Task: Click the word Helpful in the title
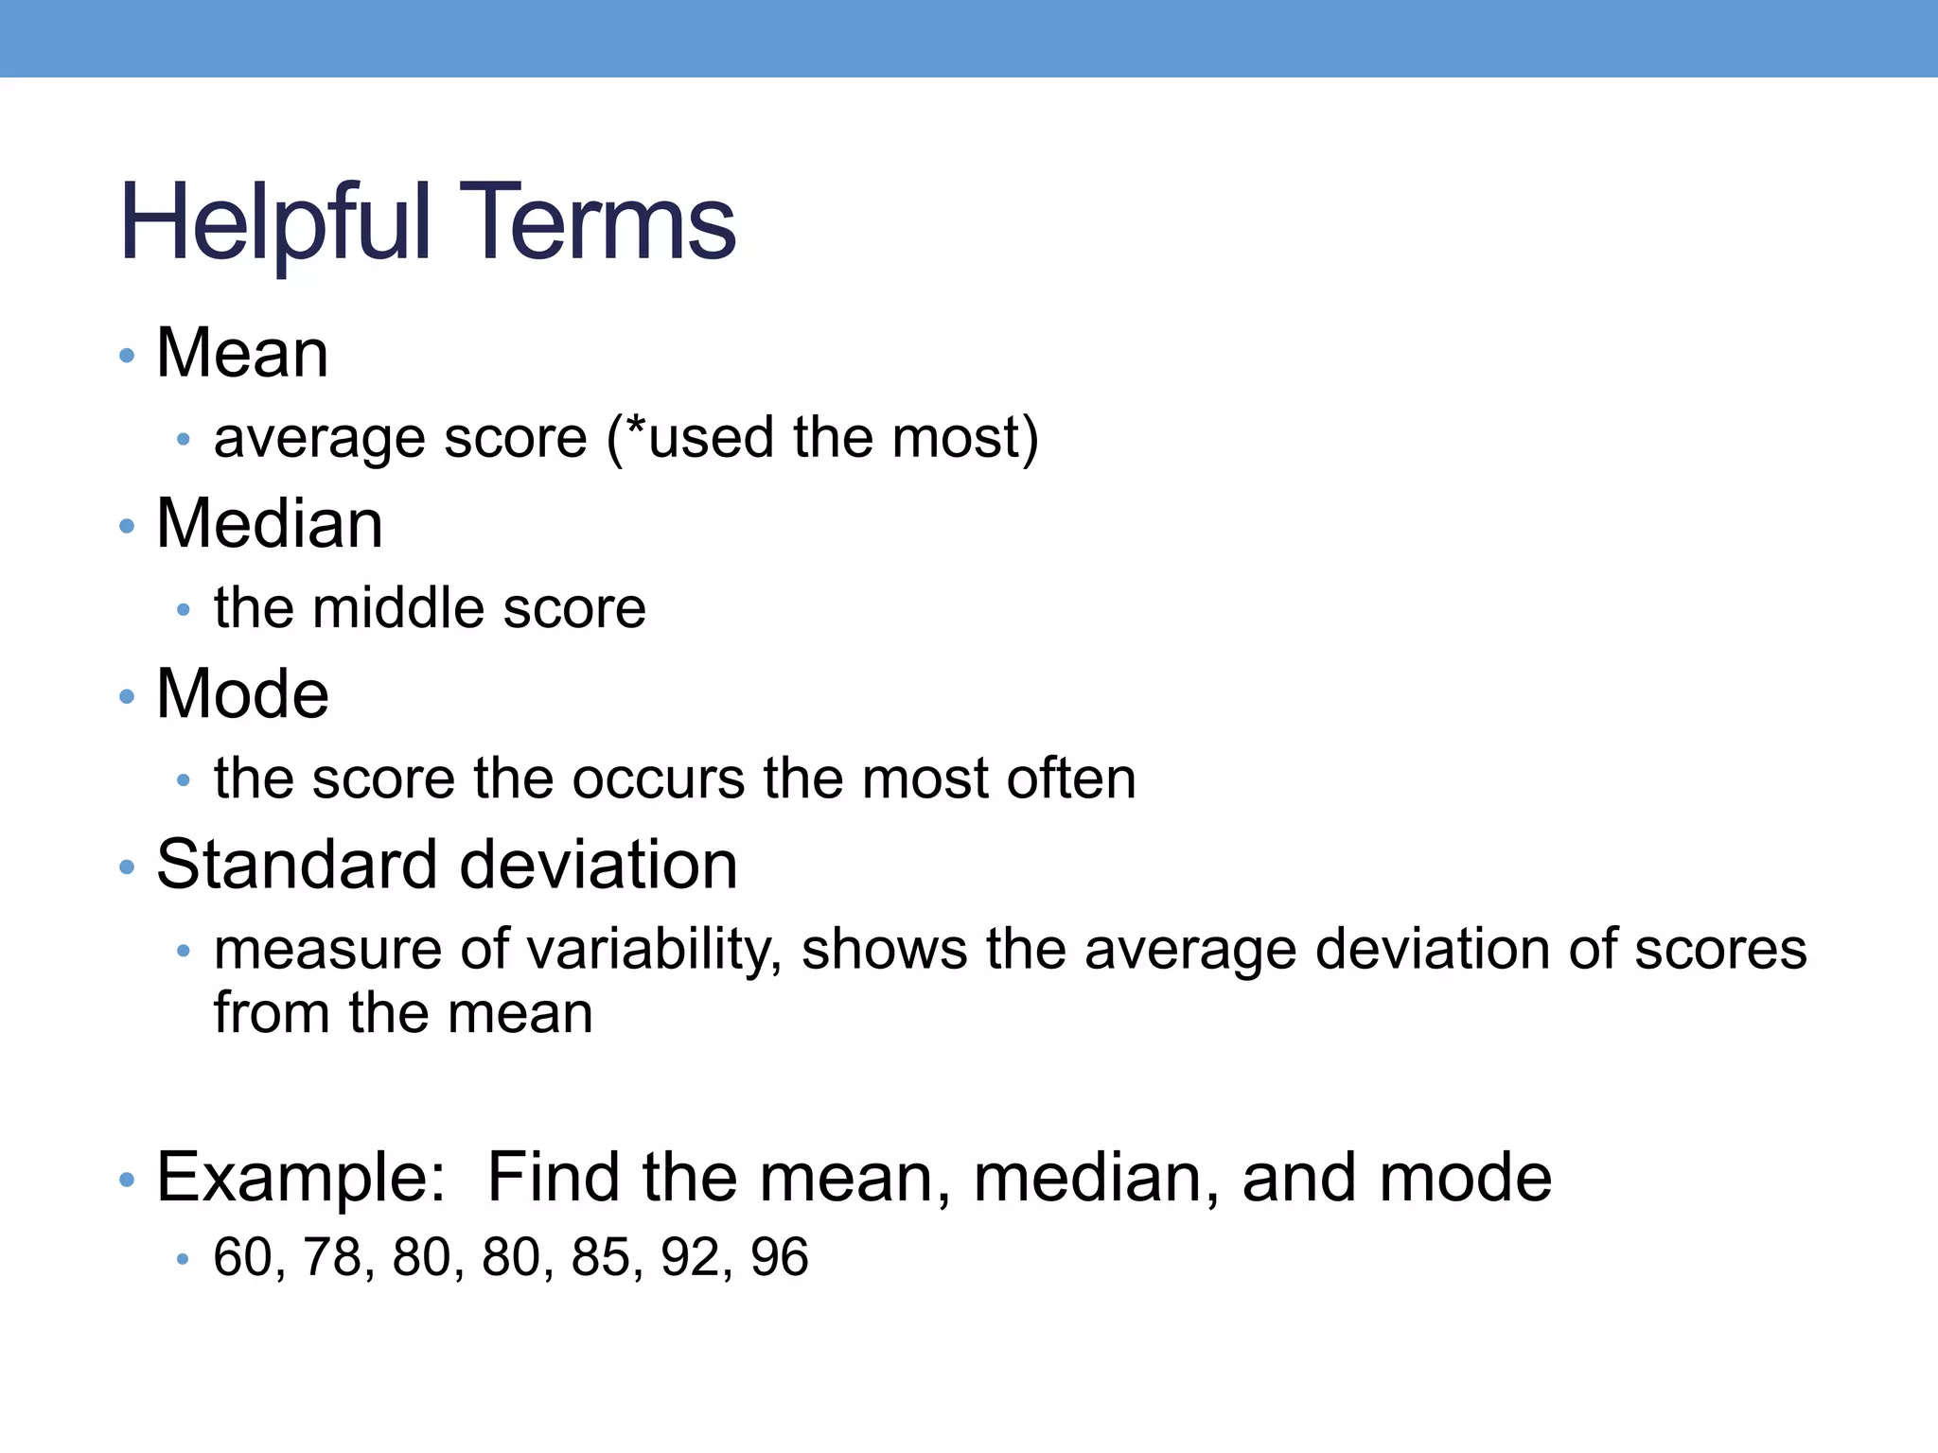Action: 275,224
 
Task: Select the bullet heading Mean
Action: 242,353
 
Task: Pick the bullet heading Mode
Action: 242,694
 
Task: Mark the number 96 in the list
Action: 780,1258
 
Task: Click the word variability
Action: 653,951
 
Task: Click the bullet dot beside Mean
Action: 127,357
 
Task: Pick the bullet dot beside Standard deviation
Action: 127,868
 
